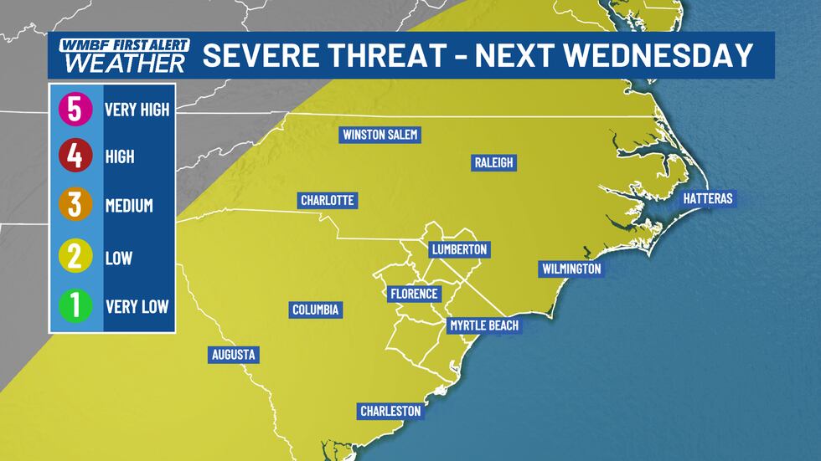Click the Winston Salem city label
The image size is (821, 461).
coord(380,135)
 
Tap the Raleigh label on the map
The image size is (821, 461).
coord(493,163)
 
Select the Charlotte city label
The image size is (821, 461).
coord(328,201)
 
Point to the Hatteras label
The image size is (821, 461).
coord(707,198)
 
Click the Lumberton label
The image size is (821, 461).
coord(458,249)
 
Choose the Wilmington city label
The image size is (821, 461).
coord(571,269)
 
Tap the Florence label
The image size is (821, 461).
coord(414,294)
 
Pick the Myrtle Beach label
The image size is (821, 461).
coord(483,325)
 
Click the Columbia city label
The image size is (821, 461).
coord(316,310)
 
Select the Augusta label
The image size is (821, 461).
coord(233,355)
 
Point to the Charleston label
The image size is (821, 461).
coord(390,411)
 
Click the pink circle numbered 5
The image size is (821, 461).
coord(75,109)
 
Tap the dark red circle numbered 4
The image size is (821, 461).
coord(75,156)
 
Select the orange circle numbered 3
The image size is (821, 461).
coord(75,206)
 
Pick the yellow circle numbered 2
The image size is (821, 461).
coord(75,257)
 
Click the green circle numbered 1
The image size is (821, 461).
coord(75,306)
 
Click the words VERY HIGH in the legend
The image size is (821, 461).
coord(137,110)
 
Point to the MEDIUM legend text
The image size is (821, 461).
coord(129,206)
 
